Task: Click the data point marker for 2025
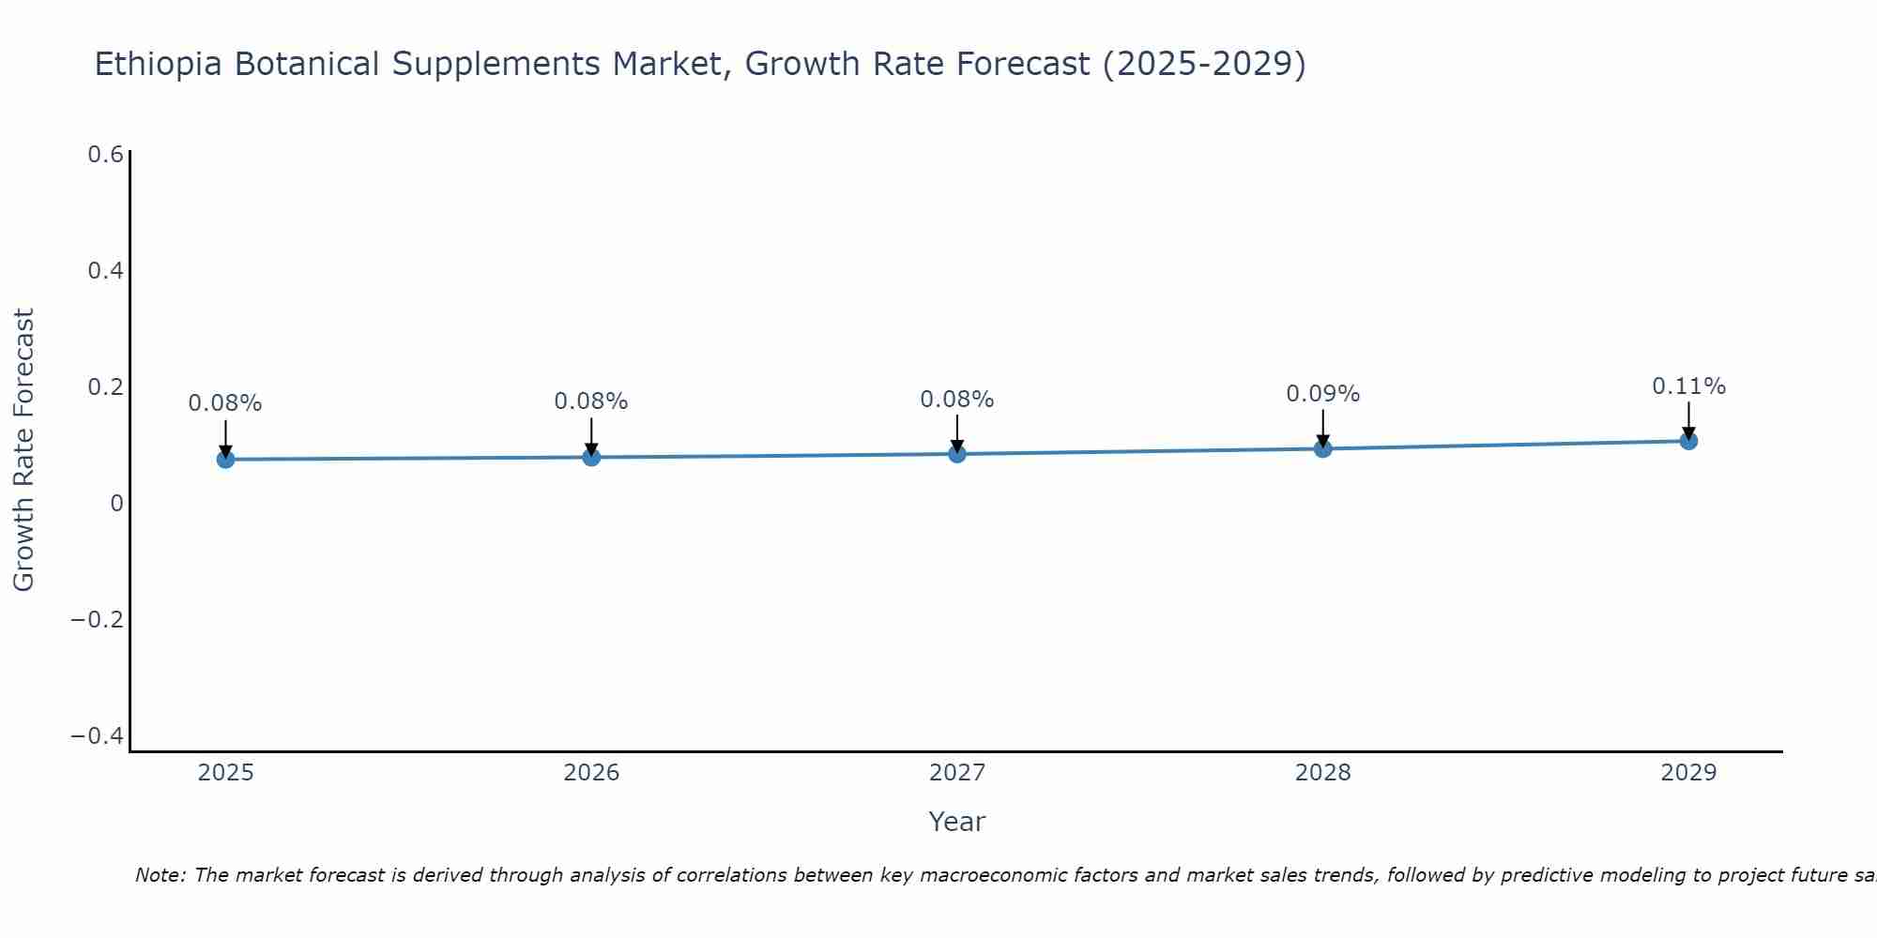click(225, 459)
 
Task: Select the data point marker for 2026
click(591, 457)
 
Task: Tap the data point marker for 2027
click(957, 454)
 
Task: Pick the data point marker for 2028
click(1322, 448)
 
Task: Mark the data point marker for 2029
click(1688, 441)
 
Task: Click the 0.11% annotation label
click(1688, 386)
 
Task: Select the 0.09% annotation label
click(1322, 394)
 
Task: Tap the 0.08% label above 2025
click(225, 403)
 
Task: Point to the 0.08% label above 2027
click(956, 400)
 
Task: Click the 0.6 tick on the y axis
click(105, 155)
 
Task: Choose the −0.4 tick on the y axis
click(98, 736)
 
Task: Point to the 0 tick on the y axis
click(116, 504)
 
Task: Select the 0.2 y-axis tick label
click(105, 387)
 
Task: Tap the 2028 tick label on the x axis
click(1322, 773)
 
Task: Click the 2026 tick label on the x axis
click(591, 773)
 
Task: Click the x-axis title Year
click(956, 822)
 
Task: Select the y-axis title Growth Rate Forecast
click(23, 450)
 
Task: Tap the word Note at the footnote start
click(159, 875)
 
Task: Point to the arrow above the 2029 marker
click(1688, 420)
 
